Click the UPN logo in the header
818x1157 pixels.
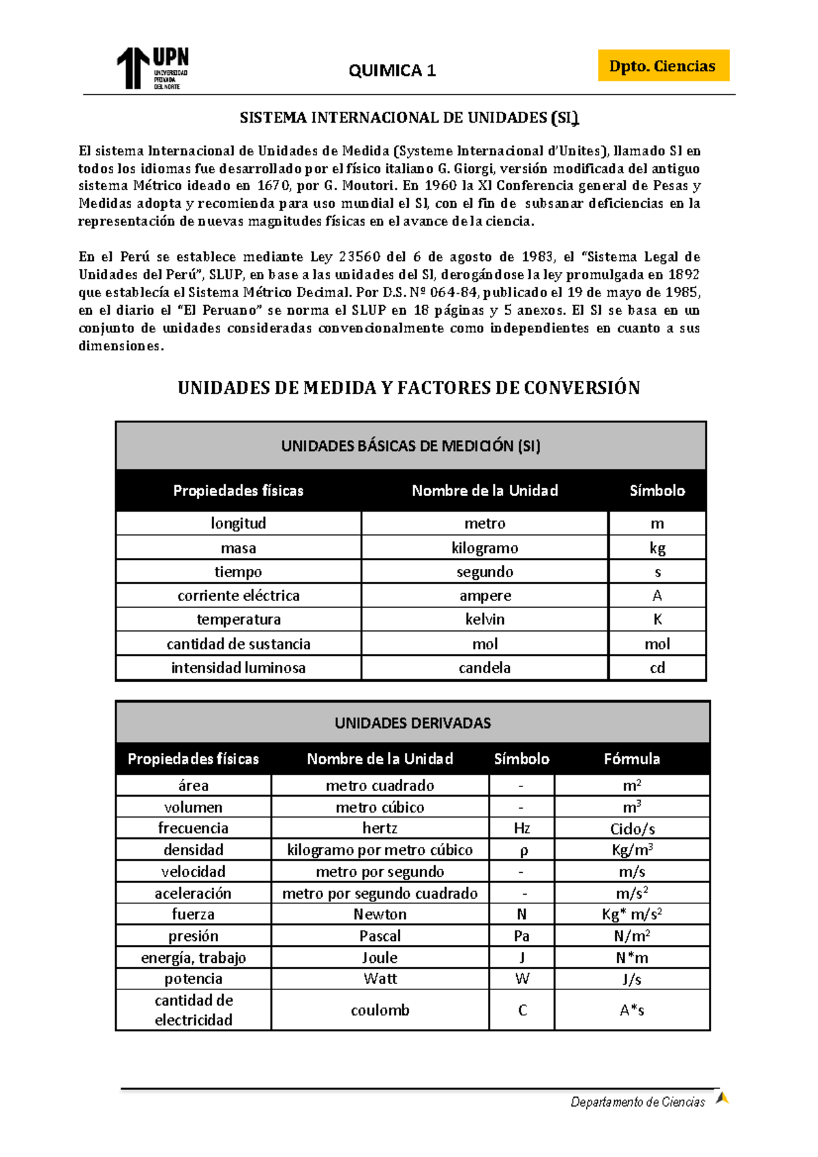[152, 68]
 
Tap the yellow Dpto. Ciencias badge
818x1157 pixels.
[663, 66]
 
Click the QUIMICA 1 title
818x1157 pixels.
[392, 70]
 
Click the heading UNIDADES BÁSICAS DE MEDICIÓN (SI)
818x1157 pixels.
[410, 446]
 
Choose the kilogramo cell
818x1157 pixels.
[485, 548]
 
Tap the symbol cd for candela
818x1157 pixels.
[657, 668]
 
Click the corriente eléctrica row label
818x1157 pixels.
[239, 596]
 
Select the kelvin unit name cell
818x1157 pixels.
[485, 619]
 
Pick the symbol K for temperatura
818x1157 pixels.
[657, 619]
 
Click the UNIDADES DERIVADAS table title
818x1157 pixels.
[412, 723]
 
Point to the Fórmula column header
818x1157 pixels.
[632, 759]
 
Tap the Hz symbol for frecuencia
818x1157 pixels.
[521, 829]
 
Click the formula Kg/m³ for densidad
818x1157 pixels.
[632, 850]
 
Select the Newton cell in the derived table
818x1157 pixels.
[380, 914]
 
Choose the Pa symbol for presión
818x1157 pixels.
[521, 936]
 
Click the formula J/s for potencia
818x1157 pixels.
[632, 979]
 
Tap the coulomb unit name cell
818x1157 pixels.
[380, 1010]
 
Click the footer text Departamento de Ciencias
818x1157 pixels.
[637, 1102]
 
